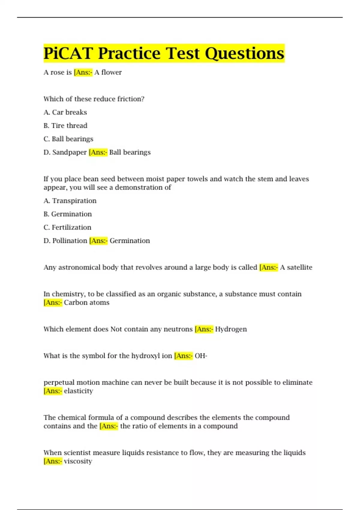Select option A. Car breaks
point(65,112)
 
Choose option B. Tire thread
point(65,125)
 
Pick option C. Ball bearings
point(68,139)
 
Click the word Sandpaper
point(69,152)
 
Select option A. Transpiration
point(70,201)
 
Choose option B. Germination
point(67,214)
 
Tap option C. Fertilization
point(67,227)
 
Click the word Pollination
point(70,241)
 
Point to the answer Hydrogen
point(231,329)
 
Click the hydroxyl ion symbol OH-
point(201,356)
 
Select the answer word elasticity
point(78,391)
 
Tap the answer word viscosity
point(78,461)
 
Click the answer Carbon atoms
point(86,302)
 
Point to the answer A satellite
point(296,267)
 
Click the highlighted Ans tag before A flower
point(83,72)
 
